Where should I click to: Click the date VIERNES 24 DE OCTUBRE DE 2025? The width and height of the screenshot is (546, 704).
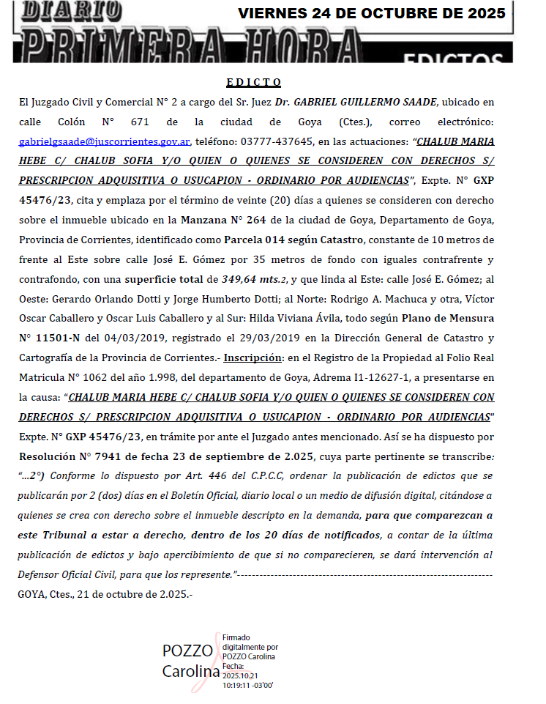[x=372, y=13]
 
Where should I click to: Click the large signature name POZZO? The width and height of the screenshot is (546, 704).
[x=187, y=651]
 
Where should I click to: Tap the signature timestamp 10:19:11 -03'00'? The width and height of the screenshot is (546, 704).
[x=248, y=685]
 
